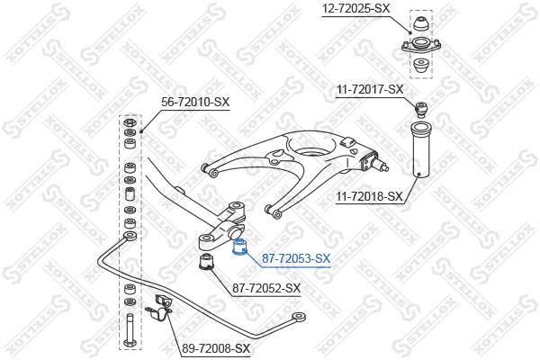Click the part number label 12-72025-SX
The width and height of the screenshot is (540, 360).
tap(355, 8)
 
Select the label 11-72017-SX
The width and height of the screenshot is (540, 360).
tap(370, 89)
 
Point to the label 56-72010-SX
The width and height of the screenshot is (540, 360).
tap(195, 102)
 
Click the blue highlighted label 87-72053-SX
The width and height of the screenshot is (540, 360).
tap(296, 258)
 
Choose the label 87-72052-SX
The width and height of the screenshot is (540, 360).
tap(266, 288)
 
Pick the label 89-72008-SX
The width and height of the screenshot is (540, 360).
tap(216, 348)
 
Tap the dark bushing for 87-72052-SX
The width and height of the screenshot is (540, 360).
tap(206, 263)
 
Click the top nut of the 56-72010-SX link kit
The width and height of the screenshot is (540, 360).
tap(130, 121)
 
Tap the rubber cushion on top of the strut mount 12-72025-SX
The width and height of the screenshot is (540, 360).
tap(419, 22)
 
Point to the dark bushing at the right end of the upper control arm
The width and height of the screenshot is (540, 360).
tap(369, 163)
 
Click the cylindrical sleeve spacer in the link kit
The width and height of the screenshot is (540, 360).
tap(130, 196)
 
